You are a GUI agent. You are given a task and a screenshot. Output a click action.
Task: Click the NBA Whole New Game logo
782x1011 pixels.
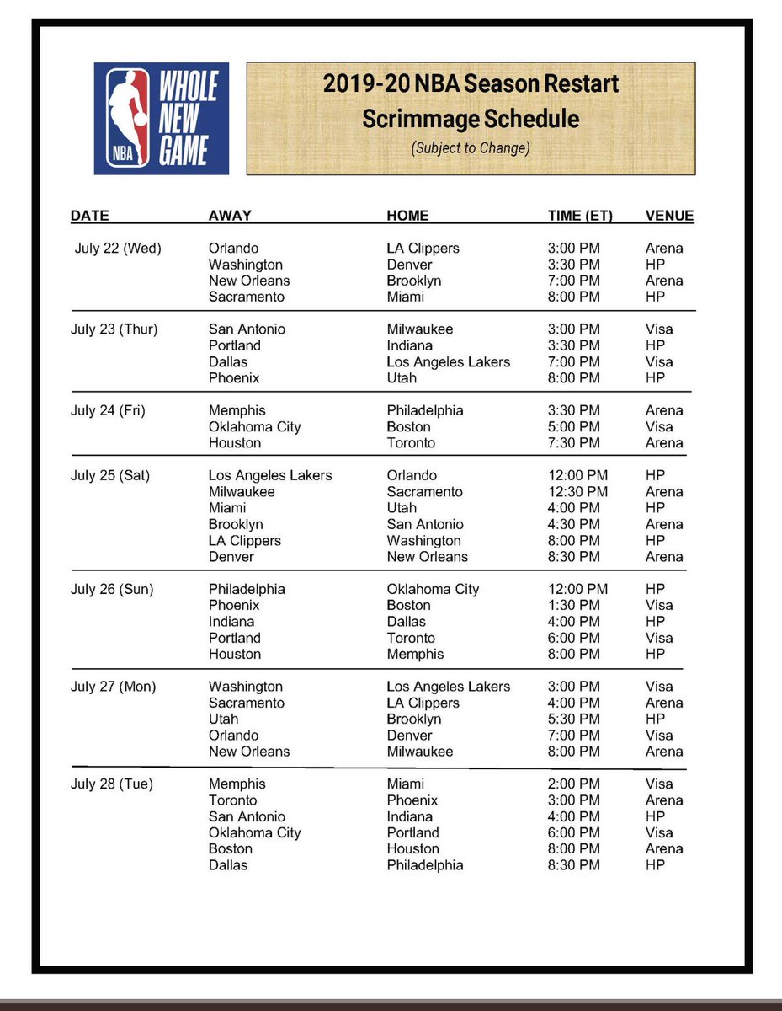click(161, 118)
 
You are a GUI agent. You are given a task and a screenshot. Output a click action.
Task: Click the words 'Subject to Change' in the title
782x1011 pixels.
click(471, 147)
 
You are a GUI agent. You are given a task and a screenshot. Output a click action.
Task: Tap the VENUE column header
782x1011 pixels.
click(669, 216)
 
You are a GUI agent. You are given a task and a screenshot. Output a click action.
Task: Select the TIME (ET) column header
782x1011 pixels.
click(580, 216)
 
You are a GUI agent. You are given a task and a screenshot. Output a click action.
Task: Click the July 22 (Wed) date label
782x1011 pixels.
click(118, 249)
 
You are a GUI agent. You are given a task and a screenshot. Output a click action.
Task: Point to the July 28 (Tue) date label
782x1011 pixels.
click(112, 784)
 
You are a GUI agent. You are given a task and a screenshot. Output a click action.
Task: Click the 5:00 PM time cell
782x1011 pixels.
click(574, 427)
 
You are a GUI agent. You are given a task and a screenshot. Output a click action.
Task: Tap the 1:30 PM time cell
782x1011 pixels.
click(574, 606)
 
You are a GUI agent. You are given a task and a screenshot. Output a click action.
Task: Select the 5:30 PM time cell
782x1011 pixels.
click(574, 719)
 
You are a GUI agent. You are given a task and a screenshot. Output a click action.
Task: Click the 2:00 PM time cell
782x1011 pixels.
click(574, 784)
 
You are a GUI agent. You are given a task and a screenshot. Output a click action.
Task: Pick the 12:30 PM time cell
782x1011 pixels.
click(577, 492)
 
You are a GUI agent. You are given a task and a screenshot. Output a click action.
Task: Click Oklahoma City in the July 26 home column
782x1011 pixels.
click(433, 590)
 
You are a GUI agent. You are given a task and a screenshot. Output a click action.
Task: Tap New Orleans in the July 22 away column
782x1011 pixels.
click(249, 281)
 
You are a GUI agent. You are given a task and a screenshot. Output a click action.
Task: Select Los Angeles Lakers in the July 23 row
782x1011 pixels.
click(449, 362)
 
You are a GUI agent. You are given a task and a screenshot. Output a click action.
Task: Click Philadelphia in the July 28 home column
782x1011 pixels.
click(425, 865)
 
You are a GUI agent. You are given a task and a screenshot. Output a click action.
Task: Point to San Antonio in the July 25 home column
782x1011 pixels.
click(425, 524)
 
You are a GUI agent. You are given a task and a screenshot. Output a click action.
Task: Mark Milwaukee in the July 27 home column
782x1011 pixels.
click(420, 752)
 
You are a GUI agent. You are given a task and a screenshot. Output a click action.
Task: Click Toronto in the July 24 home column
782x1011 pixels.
click(412, 443)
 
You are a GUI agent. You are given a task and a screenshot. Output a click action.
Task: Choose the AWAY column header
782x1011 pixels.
click(230, 216)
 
